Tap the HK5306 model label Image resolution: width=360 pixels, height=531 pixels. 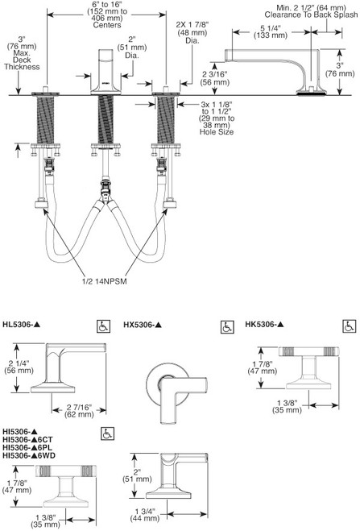[x=269, y=325]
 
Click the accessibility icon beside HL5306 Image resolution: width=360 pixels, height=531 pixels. [x=103, y=326]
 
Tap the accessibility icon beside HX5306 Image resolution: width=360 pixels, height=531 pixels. [x=226, y=326]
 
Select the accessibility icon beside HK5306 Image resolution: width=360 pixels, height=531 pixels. [x=347, y=326]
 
